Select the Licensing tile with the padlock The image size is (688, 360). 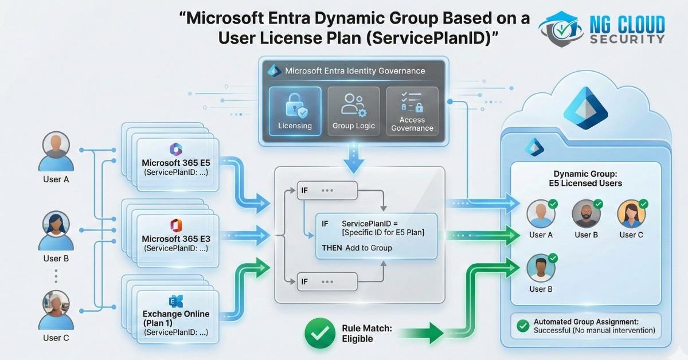pos(295,111)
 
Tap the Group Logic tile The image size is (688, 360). pos(353,111)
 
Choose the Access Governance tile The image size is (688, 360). pos(412,111)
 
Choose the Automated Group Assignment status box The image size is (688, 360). pos(586,326)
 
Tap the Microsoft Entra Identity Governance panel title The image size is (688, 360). pos(355,71)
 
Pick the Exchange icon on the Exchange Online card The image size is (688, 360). pos(175,301)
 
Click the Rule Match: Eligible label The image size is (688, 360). pos(366,334)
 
